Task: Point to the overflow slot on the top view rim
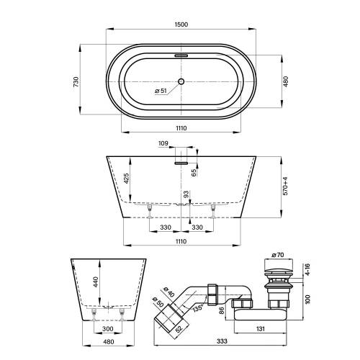[181, 54]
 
